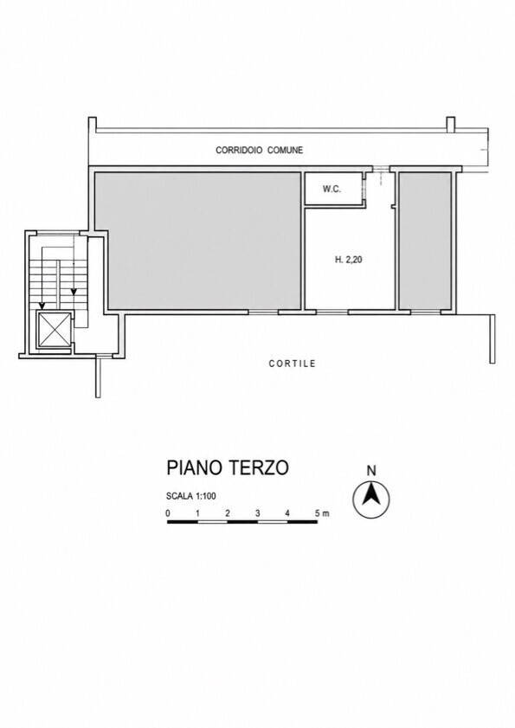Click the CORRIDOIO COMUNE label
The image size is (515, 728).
[x=259, y=150]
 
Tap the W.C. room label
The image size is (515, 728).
[x=332, y=189]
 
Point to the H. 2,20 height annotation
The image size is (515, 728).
[x=348, y=260]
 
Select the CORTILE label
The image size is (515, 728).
[x=292, y=364]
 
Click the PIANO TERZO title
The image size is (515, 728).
[x=228, y=467]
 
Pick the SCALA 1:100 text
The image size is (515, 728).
[x=191, y=496]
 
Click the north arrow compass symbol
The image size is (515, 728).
[x=371, y=499]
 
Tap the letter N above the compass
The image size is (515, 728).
[x=371, y=471]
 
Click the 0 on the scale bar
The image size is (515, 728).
[x=168, y=513]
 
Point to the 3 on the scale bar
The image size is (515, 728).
[x=257, y=513]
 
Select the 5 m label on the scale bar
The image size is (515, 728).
[x=322, y=513]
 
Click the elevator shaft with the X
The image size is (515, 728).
[x=55, y=330]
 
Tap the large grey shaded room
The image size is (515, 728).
[x=198, y=241]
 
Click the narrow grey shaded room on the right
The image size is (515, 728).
[x=425, y=241]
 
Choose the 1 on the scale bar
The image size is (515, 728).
[x=198, y=513]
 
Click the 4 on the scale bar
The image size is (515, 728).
[x=287, y=513]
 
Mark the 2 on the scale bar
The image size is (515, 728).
[x=228, y=513]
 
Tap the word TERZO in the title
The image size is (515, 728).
[x=258, y=467]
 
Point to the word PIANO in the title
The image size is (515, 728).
[x=194, y=467]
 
